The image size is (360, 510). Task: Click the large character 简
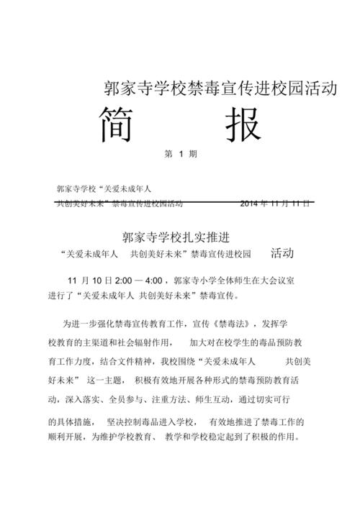119,125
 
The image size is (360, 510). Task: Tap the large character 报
240,125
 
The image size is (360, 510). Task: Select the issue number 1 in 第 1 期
182,154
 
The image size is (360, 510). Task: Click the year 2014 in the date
253,203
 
